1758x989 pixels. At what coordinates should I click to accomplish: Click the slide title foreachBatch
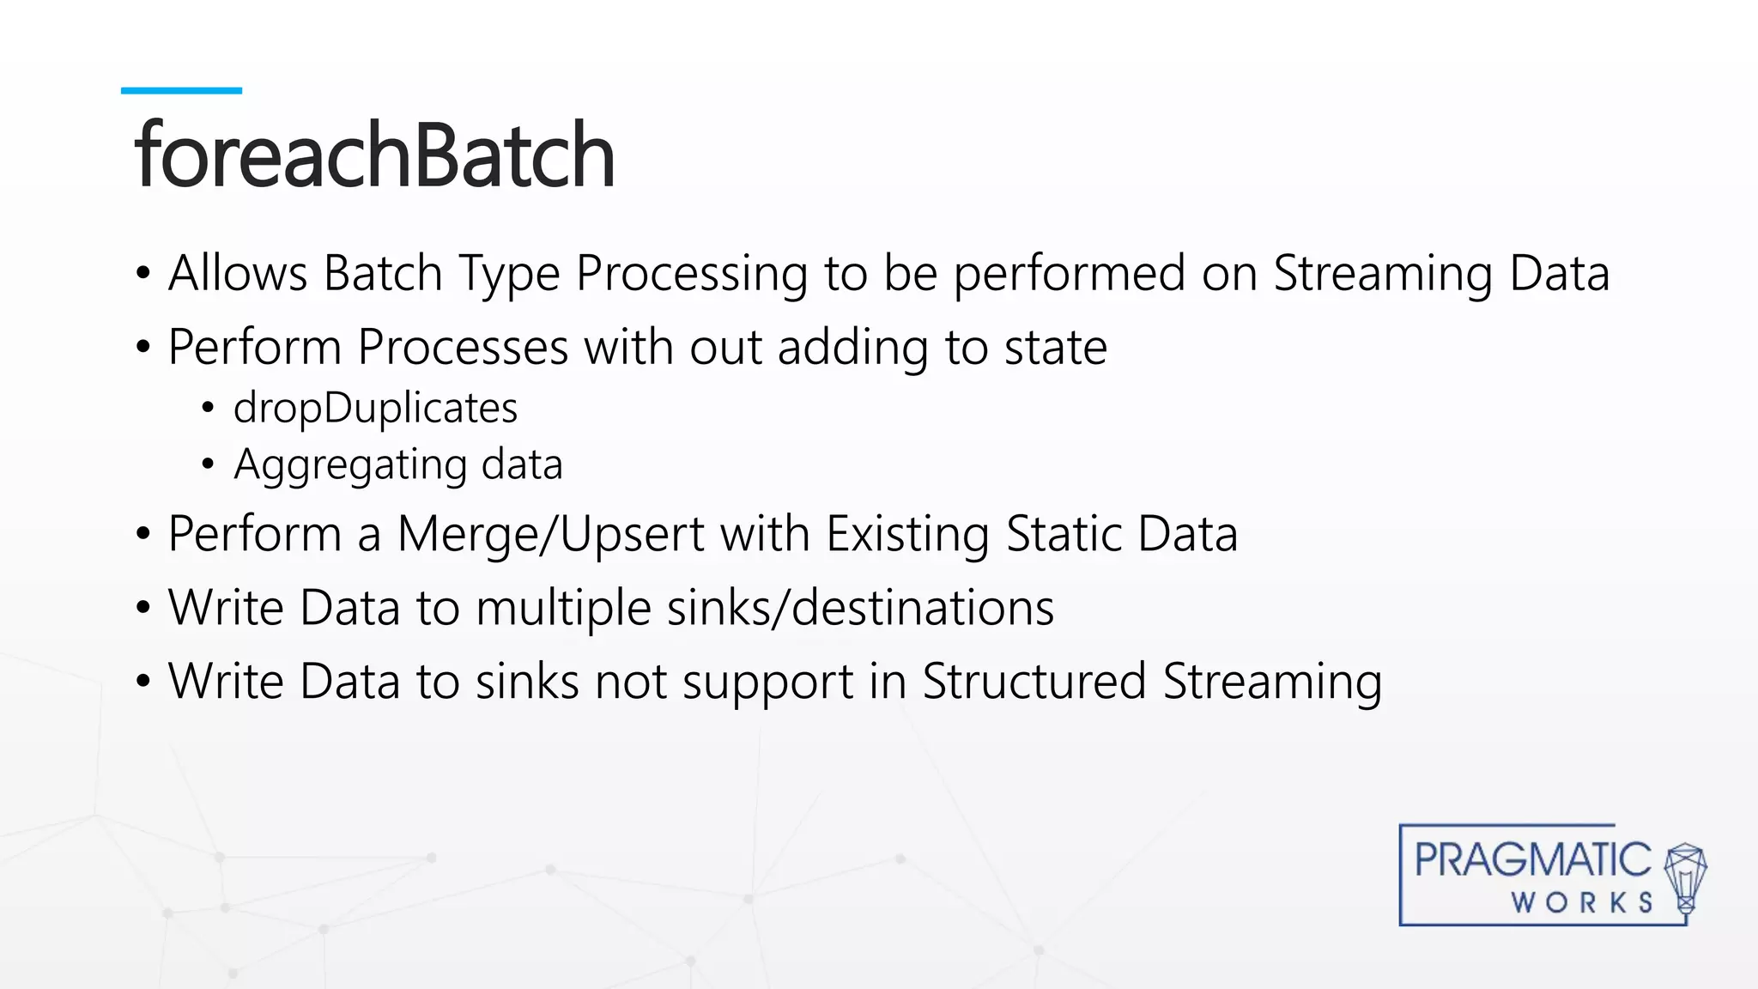[x=374, y=155]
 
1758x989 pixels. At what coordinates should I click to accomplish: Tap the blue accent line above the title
[x=181, y=90]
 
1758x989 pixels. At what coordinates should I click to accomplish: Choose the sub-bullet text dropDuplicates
[x=375, y=408]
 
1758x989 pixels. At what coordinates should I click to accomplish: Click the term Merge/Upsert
[x=551, y=534]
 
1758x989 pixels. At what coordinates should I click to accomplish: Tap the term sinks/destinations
[x=860, y=608]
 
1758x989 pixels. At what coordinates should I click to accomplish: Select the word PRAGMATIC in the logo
[x=1532, y=859]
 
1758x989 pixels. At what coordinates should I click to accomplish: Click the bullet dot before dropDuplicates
[x=208, y=409]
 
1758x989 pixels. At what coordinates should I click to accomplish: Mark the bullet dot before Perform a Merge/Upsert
[x=143, y=535]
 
